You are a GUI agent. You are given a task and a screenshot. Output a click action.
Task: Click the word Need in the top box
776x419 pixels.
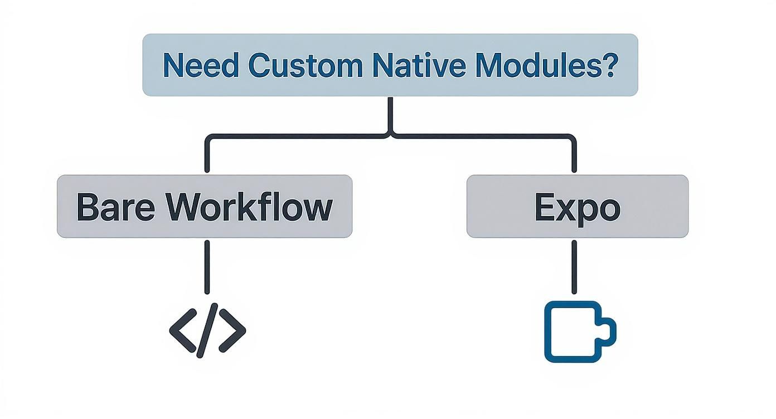pos(200,65)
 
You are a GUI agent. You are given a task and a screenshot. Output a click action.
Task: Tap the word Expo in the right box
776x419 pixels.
pos(577,208)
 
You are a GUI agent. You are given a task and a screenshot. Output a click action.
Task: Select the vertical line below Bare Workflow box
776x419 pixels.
pos(207,266)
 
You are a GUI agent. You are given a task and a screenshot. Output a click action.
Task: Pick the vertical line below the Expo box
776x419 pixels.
pos(574,266)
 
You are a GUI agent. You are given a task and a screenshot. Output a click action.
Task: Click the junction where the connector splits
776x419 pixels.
pos(390,134)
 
